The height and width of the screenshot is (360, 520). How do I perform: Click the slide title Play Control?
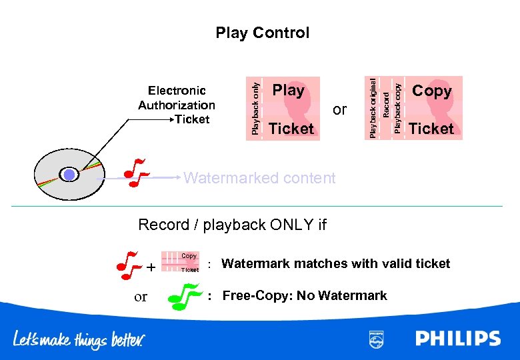[262, 33]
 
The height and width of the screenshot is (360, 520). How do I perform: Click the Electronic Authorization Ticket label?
[177, 105]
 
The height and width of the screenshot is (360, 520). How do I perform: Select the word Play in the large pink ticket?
[288, 90]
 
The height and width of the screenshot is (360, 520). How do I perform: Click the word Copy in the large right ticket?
[431, 91]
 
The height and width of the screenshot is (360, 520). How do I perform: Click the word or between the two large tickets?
[340, 109]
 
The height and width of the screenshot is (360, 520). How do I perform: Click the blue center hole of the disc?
[70, 175]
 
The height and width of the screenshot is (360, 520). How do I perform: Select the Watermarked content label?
[259, 178]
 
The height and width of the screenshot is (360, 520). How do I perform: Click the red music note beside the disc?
[136, 173]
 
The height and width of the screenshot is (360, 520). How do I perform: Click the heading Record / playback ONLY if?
[232, 225]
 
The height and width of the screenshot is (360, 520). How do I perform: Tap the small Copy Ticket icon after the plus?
[181, 263]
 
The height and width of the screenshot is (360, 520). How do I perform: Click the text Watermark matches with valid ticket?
[335, 263]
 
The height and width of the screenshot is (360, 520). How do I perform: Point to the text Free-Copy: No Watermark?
[304, 295]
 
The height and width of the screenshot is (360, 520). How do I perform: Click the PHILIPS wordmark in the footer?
[458, 339]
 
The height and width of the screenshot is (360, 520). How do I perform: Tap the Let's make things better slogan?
[79, 339]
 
